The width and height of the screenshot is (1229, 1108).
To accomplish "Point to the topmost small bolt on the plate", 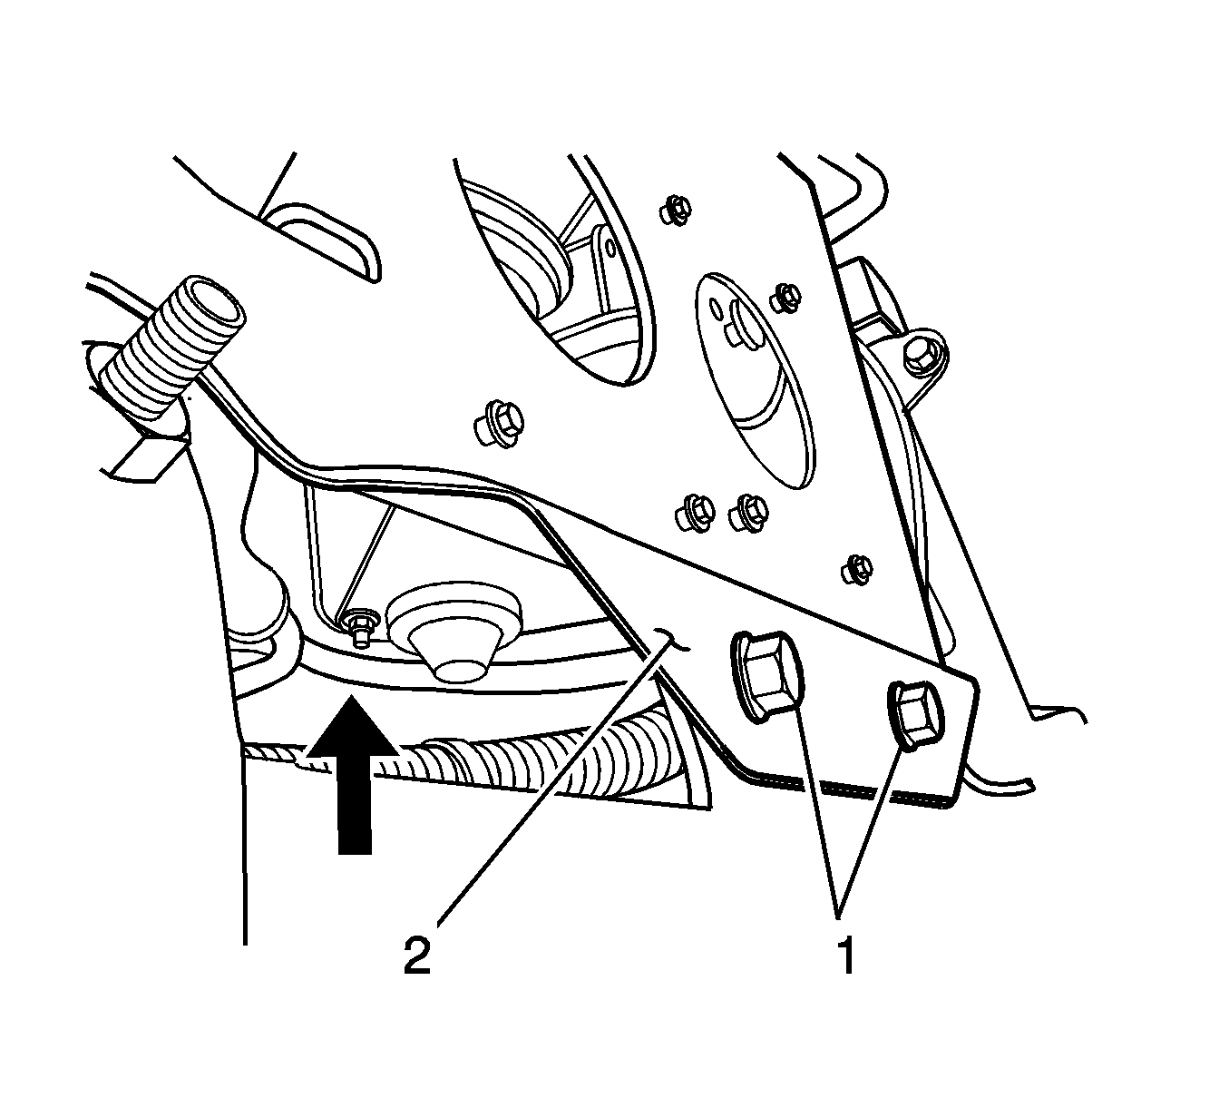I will tap(672, 209).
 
